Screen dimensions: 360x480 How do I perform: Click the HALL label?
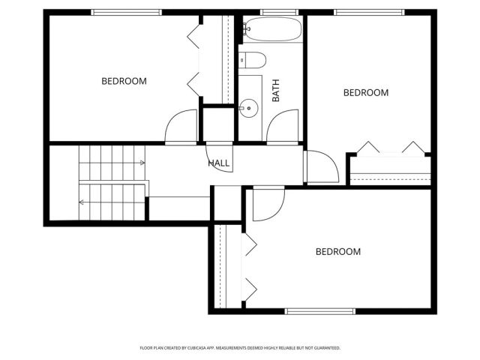pyautogui.click(x=219, y=163)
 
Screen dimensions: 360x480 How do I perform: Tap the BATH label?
pyautogui.click(x=275, y=92)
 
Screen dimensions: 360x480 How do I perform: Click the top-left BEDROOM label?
pyautogui.click(x=124, y=81)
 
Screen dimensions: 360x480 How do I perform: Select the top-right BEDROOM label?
pyautogui.click(x=366, y=92)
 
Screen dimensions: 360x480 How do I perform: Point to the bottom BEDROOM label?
pyautogui.click(x=337, y=251)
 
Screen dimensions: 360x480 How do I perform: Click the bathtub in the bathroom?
pyautogui.click(x=271, y=31)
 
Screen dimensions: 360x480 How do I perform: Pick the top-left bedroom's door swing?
pyautogui.click(x=180, y=125)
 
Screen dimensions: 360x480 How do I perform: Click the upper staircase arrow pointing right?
pyautogui.click(x=140, y=163)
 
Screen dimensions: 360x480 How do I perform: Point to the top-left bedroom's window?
pyautogui.click(x=125, y=12)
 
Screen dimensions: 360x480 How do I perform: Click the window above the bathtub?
pyautogui.click(x=271, y=12)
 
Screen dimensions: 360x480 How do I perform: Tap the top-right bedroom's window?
pyautogui.click(x=369, y=12)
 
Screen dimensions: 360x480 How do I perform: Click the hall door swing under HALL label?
pyautogui.click(x=219, y=157)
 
